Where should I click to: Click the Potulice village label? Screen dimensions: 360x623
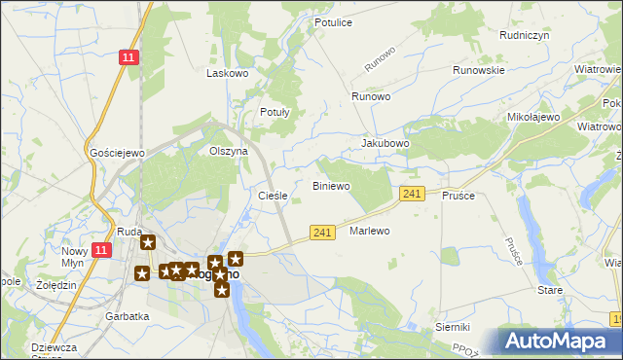pos(333,21)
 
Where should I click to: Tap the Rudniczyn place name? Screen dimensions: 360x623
pos(497,33)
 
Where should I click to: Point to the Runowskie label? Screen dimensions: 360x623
pos(478,70)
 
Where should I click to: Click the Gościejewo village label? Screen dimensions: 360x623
pos(117,153)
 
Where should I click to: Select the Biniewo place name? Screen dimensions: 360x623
pos(330,185)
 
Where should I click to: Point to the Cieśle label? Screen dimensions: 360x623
pos(273,196)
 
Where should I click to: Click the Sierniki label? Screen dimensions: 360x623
pos(453,327)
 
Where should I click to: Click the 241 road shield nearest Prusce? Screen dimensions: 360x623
pos(412,195)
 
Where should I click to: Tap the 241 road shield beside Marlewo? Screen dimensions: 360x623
pos(324,232)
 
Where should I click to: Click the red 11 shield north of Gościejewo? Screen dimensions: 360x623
pos(128,58)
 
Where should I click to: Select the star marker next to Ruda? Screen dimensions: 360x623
pos(148,243)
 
